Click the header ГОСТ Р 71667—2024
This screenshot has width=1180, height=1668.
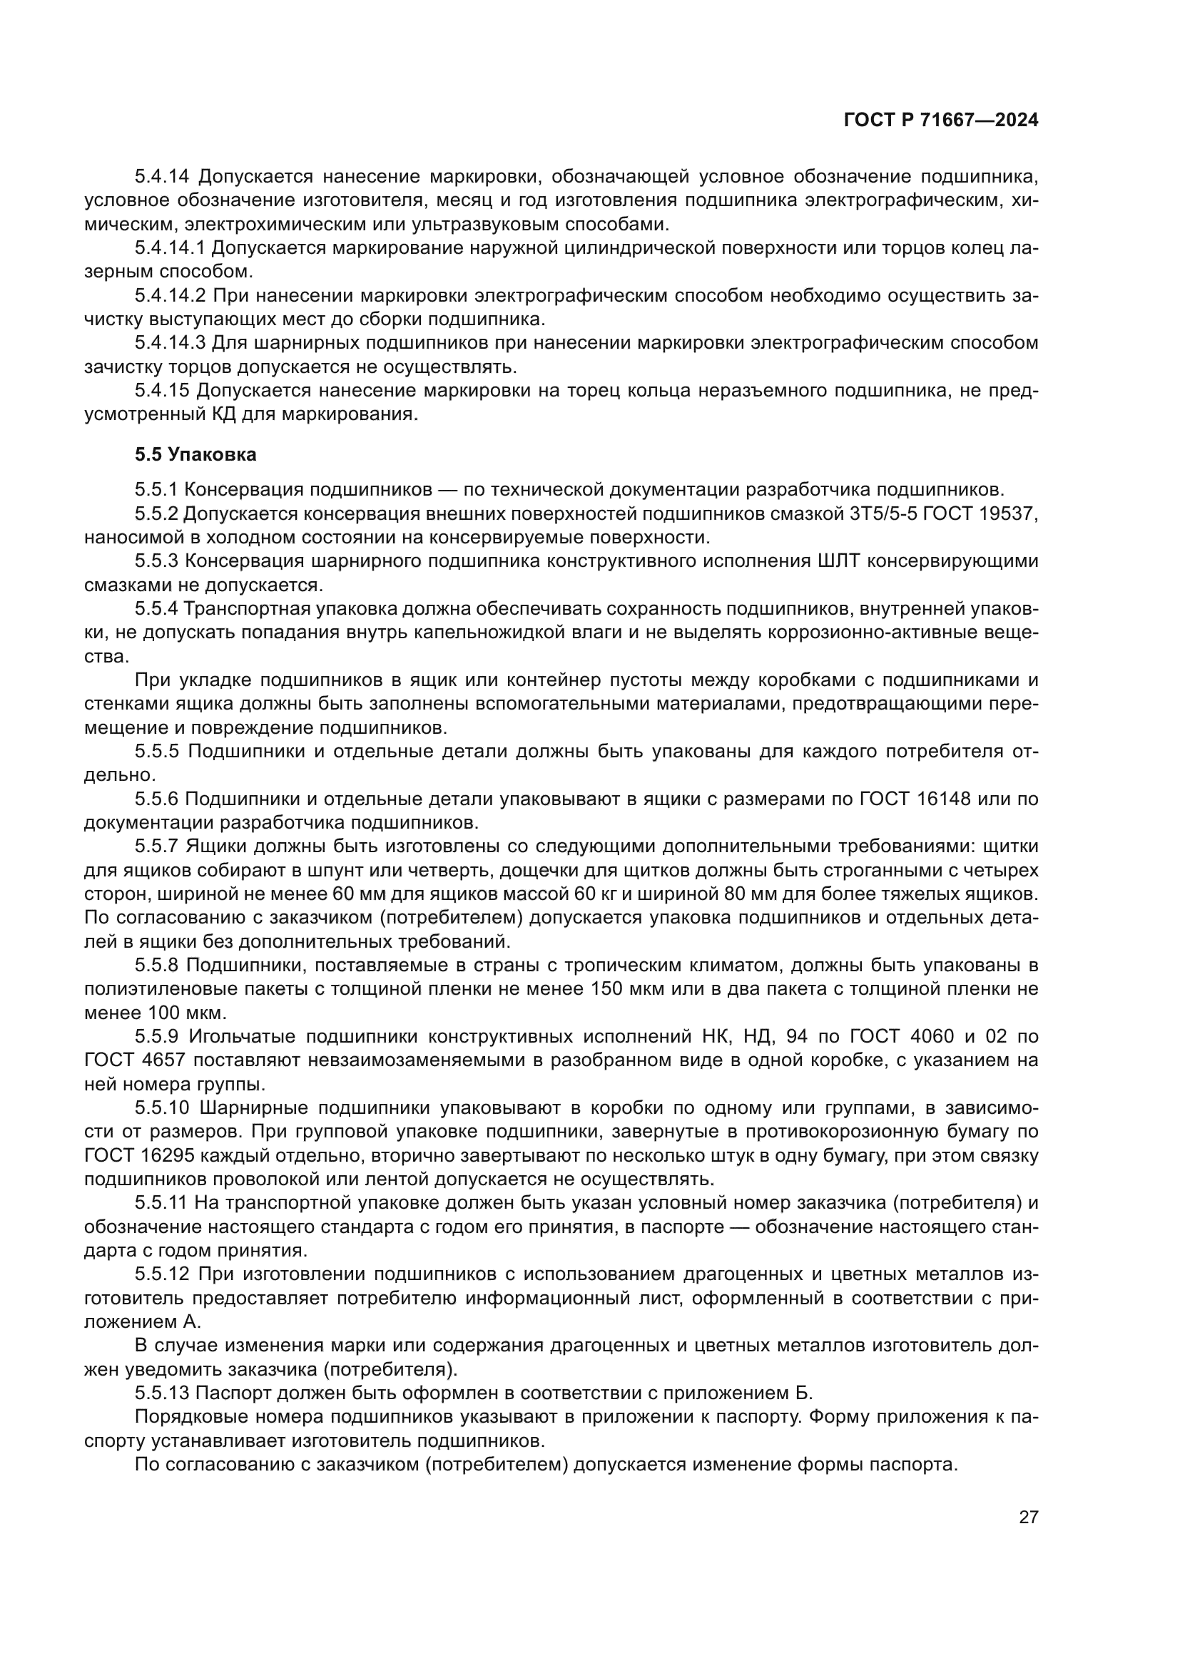(x=940, y=121)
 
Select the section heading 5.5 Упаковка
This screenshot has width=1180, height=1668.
(x=195, y=455)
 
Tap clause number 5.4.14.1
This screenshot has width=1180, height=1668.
(x=171, y=248)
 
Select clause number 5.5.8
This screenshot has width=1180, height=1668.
(x=157, y=966)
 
